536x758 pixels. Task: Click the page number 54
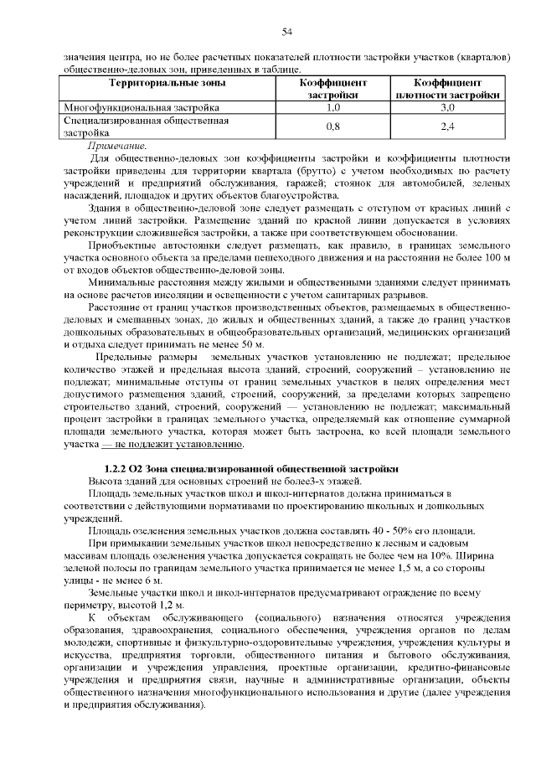tap(286, 33)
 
